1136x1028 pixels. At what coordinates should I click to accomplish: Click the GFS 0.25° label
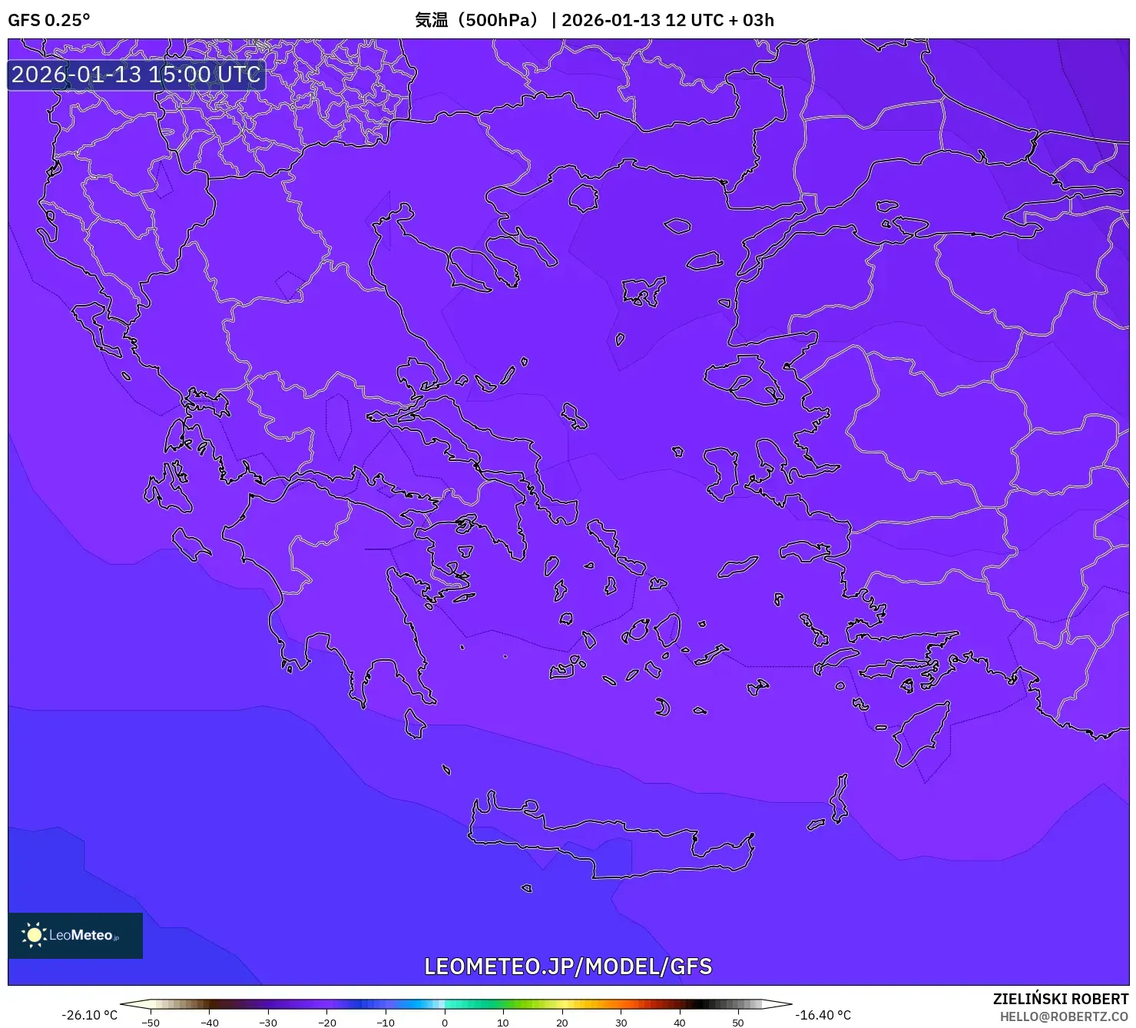tap(48, 20)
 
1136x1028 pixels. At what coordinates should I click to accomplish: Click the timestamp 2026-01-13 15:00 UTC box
tap(136, 75)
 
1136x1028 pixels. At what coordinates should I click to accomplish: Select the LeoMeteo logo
tap(75, 935)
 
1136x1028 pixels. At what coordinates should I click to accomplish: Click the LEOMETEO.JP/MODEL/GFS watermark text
tap(568, 966)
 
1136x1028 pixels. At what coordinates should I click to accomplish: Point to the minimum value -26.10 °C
tap(90, 1015)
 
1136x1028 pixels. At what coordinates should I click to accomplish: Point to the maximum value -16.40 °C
tap(823, 1015)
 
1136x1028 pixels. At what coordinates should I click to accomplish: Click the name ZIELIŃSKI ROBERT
tap(1061, 999)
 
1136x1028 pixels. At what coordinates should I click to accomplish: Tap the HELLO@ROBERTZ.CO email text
tap(1064, 1016)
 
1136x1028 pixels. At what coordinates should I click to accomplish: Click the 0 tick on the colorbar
tap(445, 1022)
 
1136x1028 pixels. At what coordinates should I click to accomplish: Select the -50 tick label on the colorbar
tap(151, 1023)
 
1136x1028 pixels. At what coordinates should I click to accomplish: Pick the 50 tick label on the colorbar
tap(738, 1023)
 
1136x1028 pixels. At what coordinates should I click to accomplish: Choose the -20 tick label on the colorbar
tap(327, 1023)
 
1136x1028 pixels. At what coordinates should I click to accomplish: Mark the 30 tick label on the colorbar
tap(621, 1023)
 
